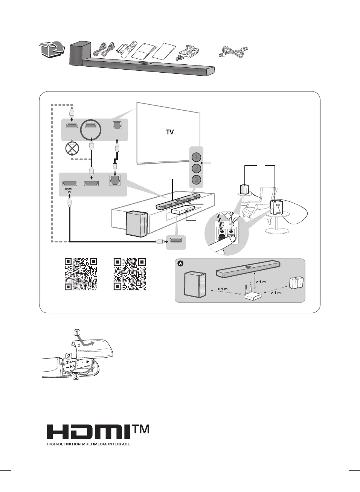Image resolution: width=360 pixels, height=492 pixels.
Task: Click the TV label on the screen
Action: (x=170, y=132)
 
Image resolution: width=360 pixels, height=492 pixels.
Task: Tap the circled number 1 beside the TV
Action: (x=196, y=157)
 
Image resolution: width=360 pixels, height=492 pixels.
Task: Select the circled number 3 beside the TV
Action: (x=196, y=180)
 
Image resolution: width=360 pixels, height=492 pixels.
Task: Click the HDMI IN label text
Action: (x=69, y=191)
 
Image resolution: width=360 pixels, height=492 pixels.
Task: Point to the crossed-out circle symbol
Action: (x=72, y=148)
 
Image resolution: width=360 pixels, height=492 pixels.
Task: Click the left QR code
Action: (x=81, y=274)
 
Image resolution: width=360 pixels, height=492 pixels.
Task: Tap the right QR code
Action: (x=130, y=274)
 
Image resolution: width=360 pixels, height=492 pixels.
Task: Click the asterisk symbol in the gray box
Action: (x=181, y=264)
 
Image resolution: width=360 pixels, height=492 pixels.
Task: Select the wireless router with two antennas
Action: (x=252, y=294)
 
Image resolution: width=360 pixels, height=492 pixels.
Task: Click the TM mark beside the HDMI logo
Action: (x=140, y=429)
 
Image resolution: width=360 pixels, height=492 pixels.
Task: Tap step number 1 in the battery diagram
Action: (x=77, y=332)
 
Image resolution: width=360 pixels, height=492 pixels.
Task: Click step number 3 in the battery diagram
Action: (x=76, y=376)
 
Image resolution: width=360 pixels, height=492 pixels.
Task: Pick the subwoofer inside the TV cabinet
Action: (x=136, y=224)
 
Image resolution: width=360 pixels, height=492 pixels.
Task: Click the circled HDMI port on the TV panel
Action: (x=91, y=126)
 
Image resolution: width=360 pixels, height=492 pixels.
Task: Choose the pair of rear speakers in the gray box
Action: (x=296, y=283)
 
